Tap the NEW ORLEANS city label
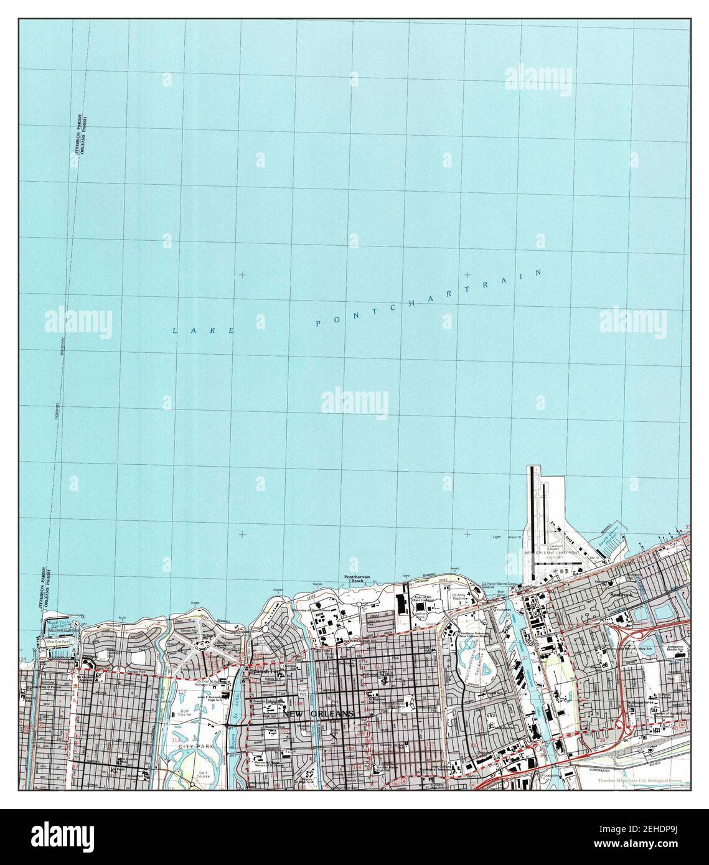pyautogui.click(x=318, y=714)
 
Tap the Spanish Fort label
pyautogui.click(x=262, y=673)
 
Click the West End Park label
pyautogui.click(x=57, y=642)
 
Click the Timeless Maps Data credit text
pyautogui.click(x=641, y=780)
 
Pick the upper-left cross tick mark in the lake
pyautogui.click(x=242, y=274)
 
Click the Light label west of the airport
pyautogui.click(x=496, y=536)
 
